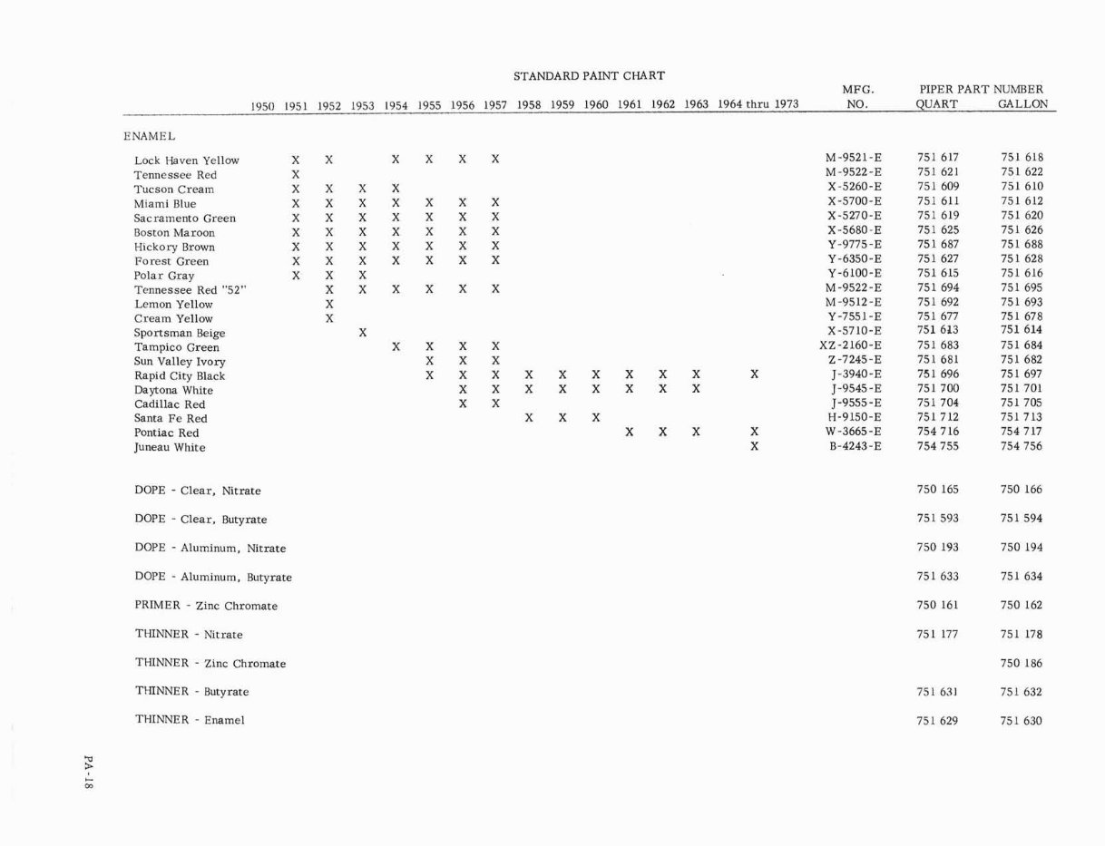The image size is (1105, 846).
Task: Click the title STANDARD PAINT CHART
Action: point(589,76)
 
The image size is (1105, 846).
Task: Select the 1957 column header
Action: point(494,104)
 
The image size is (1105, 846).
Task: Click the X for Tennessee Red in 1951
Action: point(296,174)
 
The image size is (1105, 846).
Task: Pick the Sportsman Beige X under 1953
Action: point(362,333)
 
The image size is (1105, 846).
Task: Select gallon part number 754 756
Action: point(1022,446)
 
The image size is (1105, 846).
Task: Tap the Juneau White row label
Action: point(170,447)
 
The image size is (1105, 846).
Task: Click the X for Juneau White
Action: point(755,447)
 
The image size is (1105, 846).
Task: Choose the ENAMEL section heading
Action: point(150,137)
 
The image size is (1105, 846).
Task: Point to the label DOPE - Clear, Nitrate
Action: point(198,491)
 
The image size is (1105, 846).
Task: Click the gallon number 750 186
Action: point(1022,663)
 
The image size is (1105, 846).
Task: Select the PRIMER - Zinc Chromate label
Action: point(206,606)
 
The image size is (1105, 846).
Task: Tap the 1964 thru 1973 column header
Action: point(758,104)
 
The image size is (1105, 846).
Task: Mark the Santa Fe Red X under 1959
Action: point(562,418)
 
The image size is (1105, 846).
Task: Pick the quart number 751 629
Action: point(938,721)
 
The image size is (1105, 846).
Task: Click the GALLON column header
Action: point(1022,104)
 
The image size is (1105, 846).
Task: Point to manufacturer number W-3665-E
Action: point(854,432)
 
